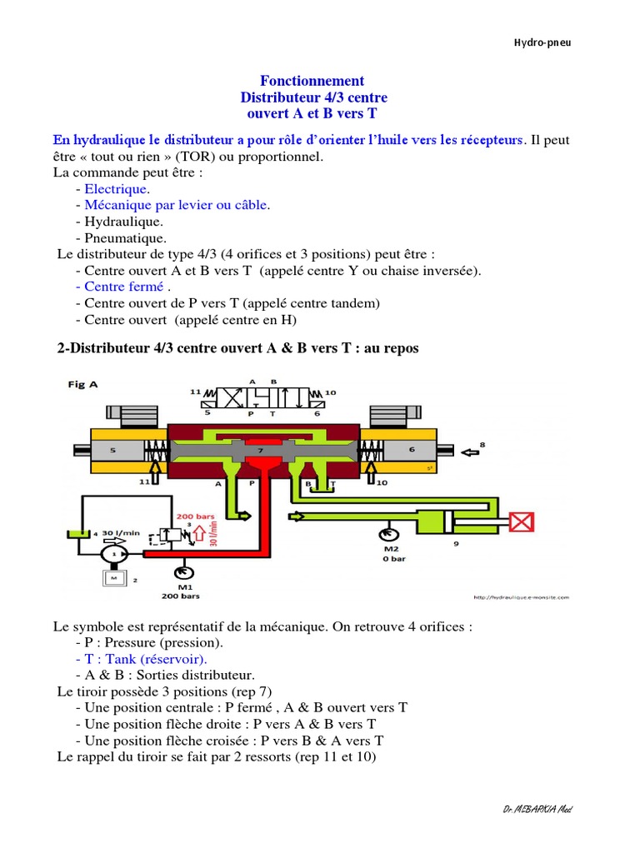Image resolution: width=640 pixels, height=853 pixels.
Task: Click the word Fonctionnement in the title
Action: pyautogui.click(x=312, y=81)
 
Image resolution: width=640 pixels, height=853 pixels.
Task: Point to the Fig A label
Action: pyautogui.click(x=82, y=384)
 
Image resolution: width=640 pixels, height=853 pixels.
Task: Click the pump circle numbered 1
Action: pyautogui.click(x=112, y=552)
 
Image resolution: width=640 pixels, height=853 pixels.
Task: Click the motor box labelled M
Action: pyautogui.click(x=112, y=577)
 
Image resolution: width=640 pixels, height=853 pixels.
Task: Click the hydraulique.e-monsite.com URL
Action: pyautogui.click(x=521, y=597)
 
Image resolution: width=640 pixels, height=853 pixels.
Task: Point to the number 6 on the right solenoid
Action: pyautogui.click(x=412, y=450)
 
